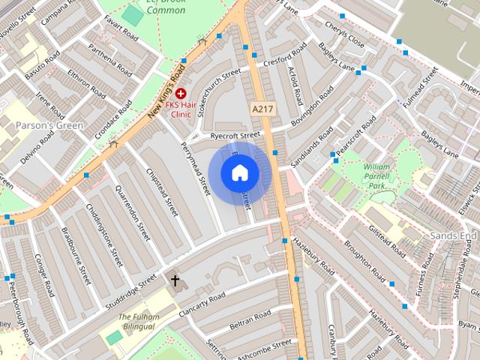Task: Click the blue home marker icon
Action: [x=239, y=172]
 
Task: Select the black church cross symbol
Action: [x=175, y=281]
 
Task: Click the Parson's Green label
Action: [x=49, y=125]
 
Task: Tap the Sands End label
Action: [x=453, y=235]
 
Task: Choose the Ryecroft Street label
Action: [x=235, y=136]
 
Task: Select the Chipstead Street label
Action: [x=163, y=195]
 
